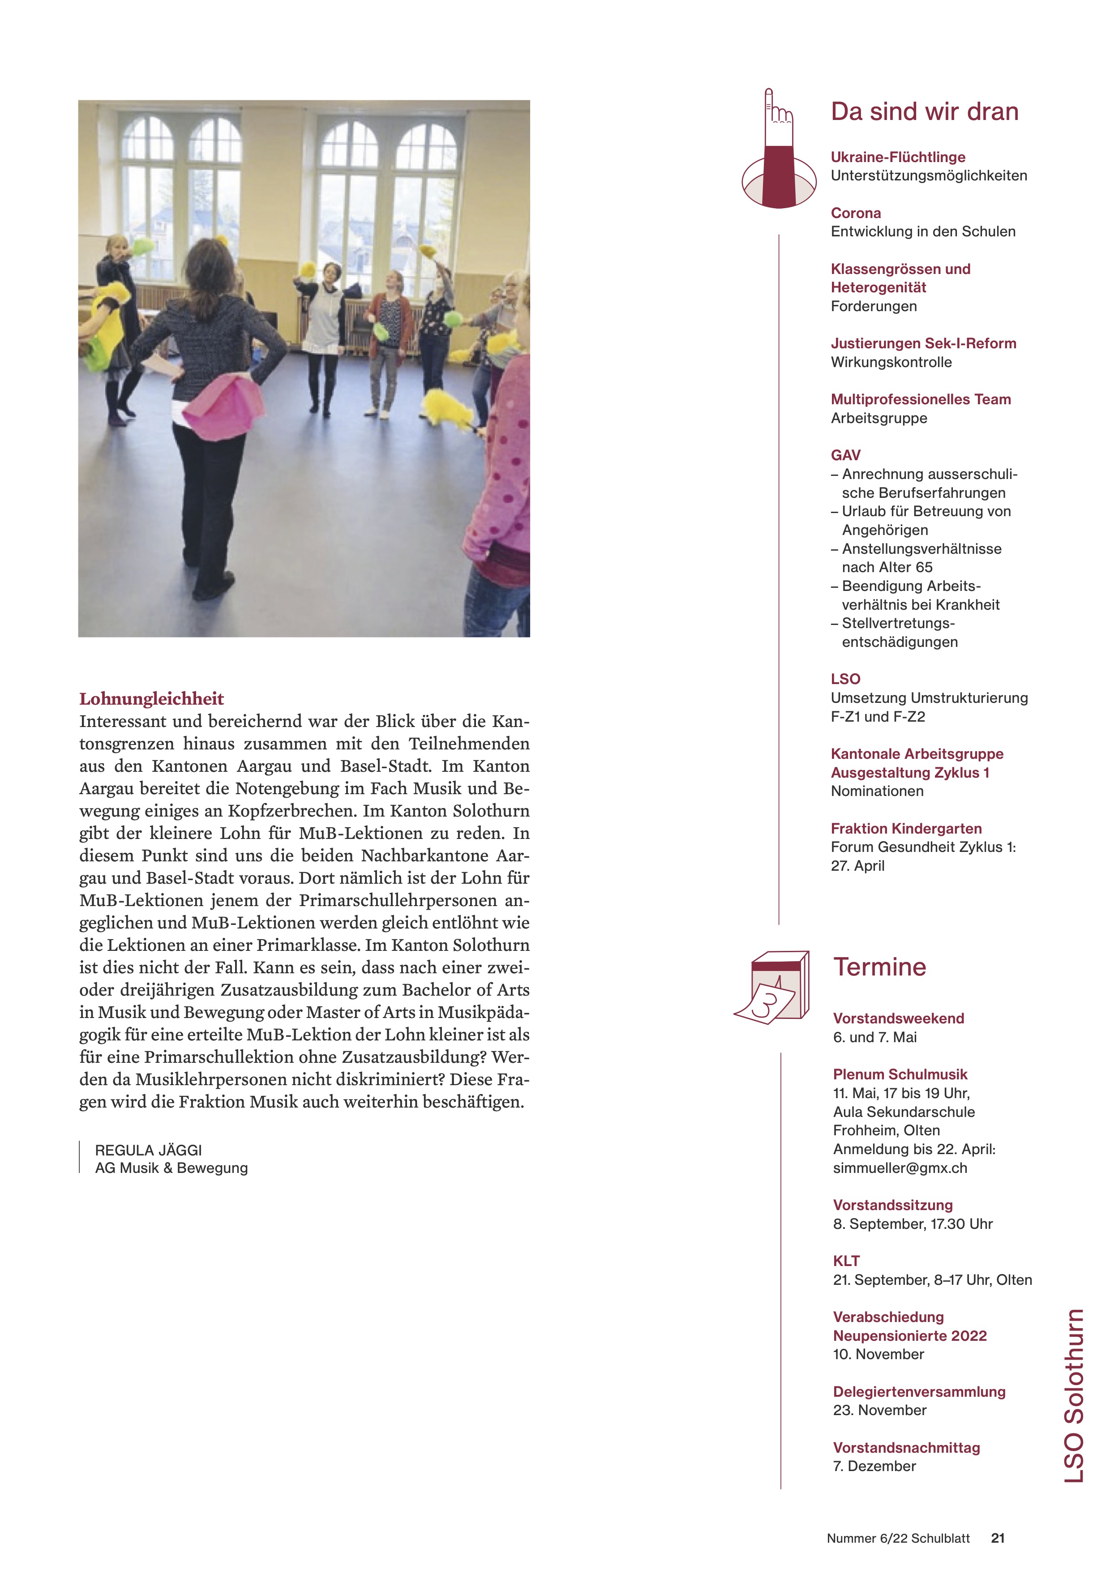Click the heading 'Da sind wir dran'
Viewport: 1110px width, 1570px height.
tap(924, 111)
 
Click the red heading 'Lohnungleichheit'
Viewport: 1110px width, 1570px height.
tap(151, 698)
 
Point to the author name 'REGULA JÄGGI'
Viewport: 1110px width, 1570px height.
tap(148, 1150)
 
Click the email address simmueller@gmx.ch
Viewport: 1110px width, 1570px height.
tap(900, 1168)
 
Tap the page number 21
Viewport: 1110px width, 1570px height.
tap(998, 1538)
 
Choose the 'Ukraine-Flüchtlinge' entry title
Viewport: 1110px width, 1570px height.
tap(897, 157)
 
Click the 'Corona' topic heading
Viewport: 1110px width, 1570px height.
tap(856, 213)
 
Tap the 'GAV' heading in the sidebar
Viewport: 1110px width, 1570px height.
tap(845, 455)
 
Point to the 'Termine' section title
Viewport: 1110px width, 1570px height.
tap(879, 967)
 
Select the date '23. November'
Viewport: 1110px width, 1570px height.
tap(879, 1410)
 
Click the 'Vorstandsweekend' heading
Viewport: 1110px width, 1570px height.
tap(898, 1018)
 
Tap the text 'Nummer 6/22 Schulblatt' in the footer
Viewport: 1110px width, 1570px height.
tap(898, 1538)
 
